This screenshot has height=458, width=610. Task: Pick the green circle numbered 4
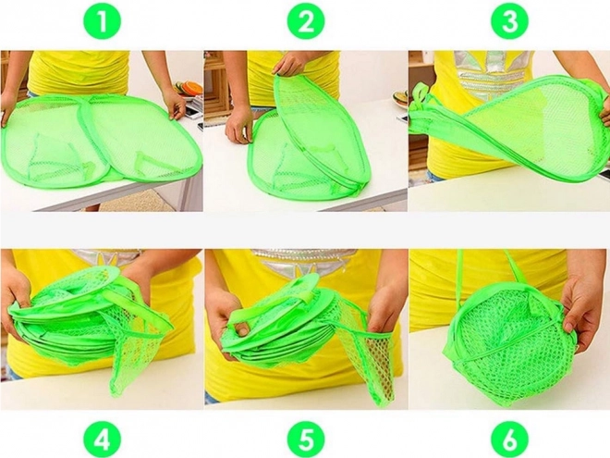pos(103,439)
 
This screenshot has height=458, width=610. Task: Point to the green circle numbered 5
pos(306,439)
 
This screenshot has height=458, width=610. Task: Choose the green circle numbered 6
pos(510,439)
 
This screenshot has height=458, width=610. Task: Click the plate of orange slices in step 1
pos(189,89)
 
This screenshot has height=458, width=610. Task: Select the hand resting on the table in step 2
pos(239,124)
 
